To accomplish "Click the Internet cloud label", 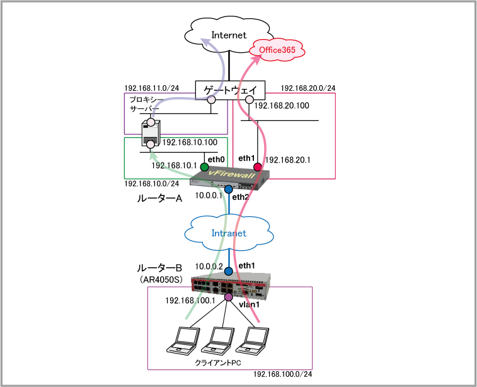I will click(x=229, y=35).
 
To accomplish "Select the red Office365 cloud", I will click(x=277, y=50).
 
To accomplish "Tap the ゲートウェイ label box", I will click(x=230, y=91).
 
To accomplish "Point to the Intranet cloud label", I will click(x=229, y=233).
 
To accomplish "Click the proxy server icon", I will click(x=151, y=132).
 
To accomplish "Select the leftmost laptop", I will click(x=182, y=340).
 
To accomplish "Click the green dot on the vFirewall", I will click(x=204, y=167).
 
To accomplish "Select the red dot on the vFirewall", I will click(x=257, y=167).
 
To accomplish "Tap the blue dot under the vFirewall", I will click(x=228, y=188).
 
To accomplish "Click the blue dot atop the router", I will click(x=228, y=272).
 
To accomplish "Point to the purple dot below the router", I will click(x=228, y=297).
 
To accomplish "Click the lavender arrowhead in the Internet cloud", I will click(x=205, y=41).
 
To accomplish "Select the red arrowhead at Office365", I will click(x=256, y=59).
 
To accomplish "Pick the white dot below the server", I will click(x=151, y=144).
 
